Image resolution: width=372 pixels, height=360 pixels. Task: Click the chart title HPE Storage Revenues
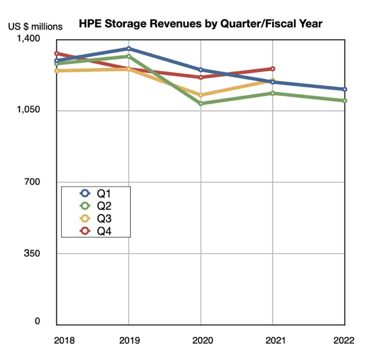pyautogui.click(x=201, y=23)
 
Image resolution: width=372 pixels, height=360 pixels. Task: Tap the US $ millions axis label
pyautogui.click(x=35, y=27)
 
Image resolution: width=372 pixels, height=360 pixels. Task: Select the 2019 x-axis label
pyautogui.click(x=128, y=340)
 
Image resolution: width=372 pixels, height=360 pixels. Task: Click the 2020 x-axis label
pyautogui.click(x=201, y=340)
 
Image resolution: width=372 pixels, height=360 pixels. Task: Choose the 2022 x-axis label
pyautogui.click(x=344, y=340)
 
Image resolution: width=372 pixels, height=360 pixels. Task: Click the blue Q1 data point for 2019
pyautogui.click(x=128, y=48)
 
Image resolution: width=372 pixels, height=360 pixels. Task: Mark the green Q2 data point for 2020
pyautogui.click(x=201, y=104)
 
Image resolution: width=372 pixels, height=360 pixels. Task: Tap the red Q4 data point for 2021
pyautogui.click(x=273, y=69)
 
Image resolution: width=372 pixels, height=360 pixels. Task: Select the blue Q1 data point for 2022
pyautogui.click(x=344, y=89)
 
